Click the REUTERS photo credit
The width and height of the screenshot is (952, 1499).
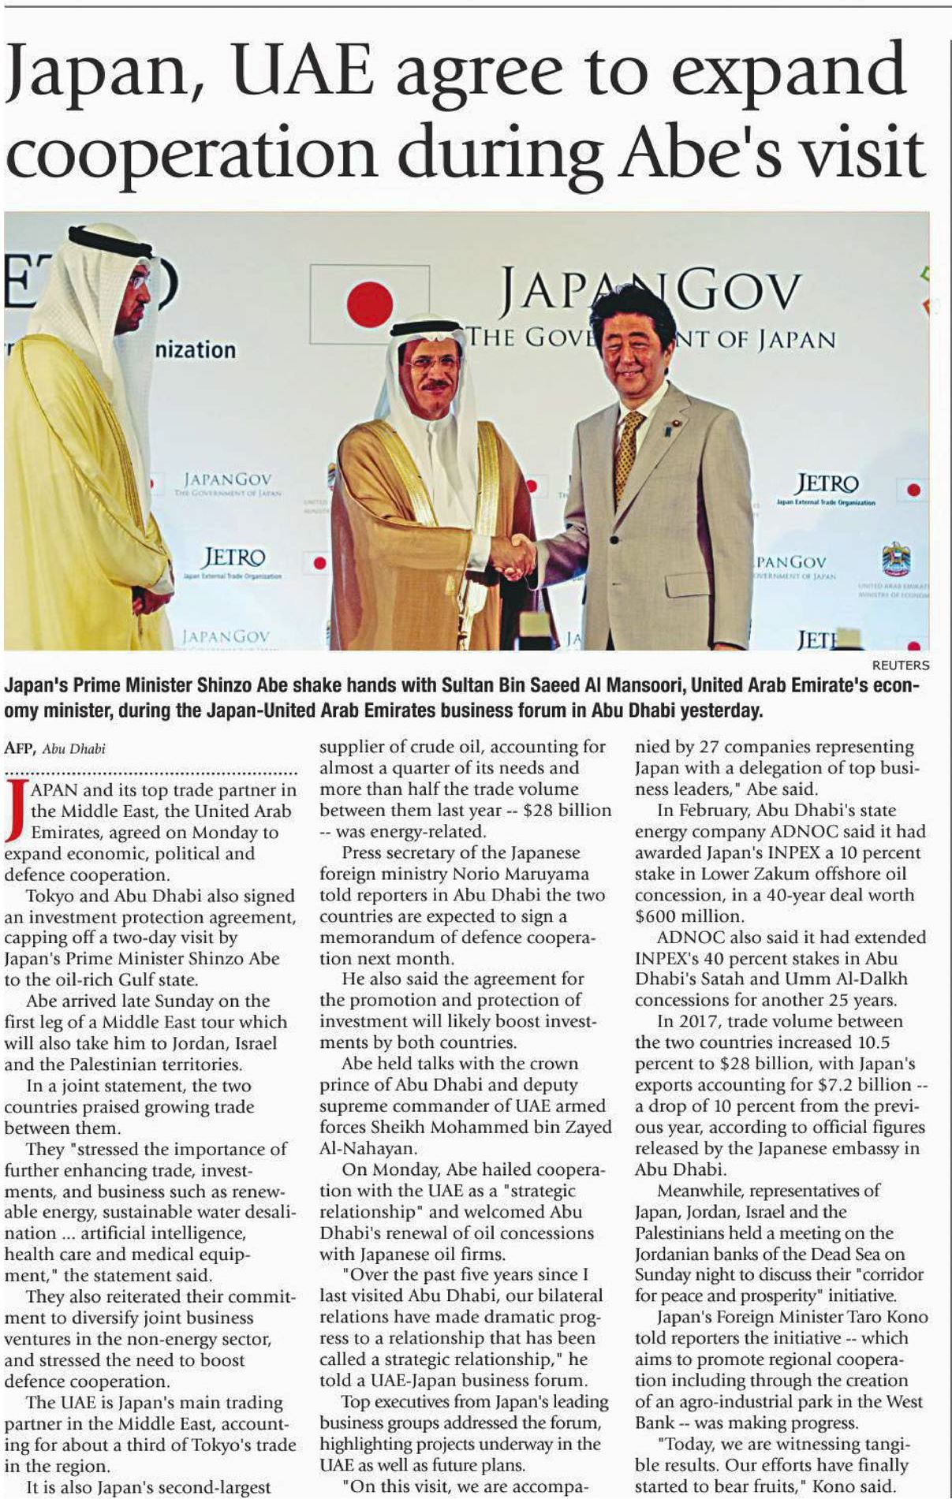900,665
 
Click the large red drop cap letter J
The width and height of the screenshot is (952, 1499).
15,810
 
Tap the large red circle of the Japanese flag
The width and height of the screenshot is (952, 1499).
370,304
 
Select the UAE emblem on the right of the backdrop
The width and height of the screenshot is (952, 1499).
896,561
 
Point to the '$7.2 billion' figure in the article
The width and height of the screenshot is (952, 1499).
867,1085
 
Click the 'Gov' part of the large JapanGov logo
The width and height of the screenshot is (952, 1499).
737,292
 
